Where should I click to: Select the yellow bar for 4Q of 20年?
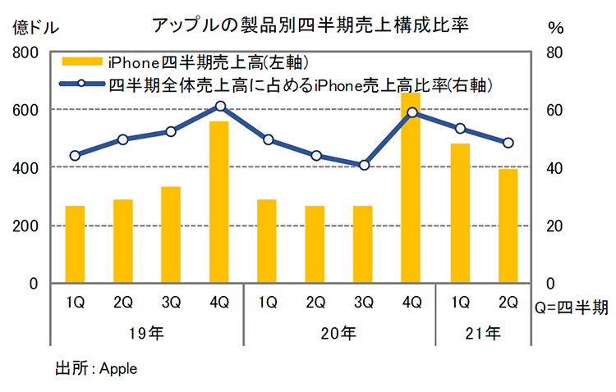[411, 188]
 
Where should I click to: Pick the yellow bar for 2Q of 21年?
[508, 226]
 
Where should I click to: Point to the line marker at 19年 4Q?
[219, 106]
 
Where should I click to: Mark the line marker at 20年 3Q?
[364, 165]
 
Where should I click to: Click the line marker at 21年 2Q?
[508, 143]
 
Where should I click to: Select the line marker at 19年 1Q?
[75, 155]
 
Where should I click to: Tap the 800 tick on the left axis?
[26, 52]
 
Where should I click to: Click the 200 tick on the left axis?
[26, 226]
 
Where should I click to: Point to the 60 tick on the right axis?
[555, 110]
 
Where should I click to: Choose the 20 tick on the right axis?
[555, 226]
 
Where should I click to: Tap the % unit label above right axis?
[556, 27]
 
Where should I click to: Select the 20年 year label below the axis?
[338, 333]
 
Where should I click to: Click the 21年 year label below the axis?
[483, 333]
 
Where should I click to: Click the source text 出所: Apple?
[96, 367]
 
